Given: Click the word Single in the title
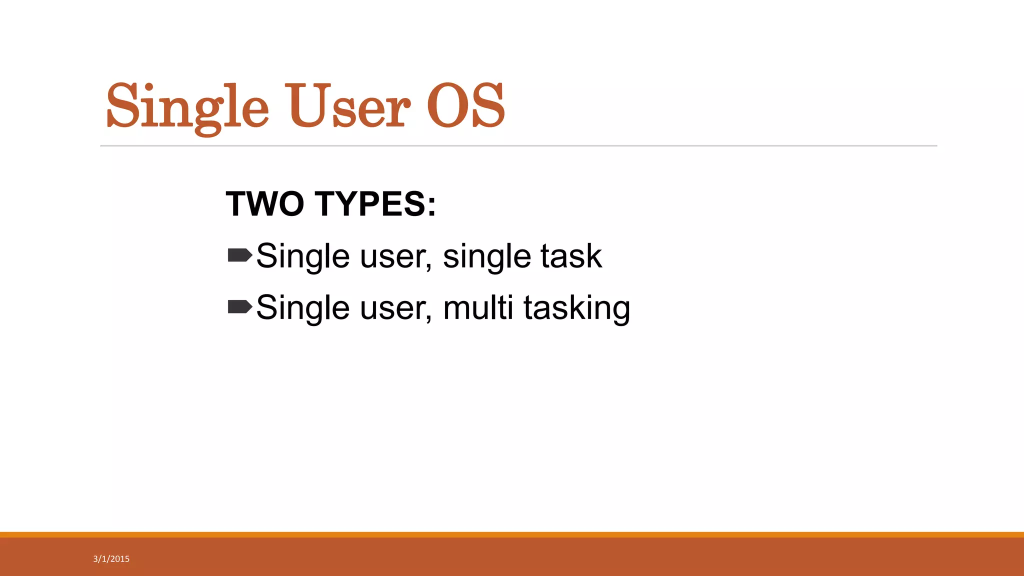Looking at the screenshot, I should pyautogui.click(x=187, y=106).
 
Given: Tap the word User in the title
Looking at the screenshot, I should pyautogui.click(x=347, y=106).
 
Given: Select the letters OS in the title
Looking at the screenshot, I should pyautogui.click(x=465, y=106).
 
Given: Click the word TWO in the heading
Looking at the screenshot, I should pyautogui.click(x=265, y=204).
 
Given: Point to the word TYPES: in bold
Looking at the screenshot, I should pyautogui.click(x=375, y=204).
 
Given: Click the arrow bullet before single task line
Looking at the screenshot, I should pyautogui.click(x=239, y=255).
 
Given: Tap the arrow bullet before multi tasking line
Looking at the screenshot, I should pyautogui.click(x=239, y=306).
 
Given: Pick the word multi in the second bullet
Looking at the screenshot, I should pyautogui.click(x=477, y=307).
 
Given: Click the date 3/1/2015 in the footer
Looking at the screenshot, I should pyautogui.click(x=111, y=559).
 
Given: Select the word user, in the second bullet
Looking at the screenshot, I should pyautogui.click(x=395, y=308).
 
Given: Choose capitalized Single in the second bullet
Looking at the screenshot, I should pyautogui.click(x=303, y=308).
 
